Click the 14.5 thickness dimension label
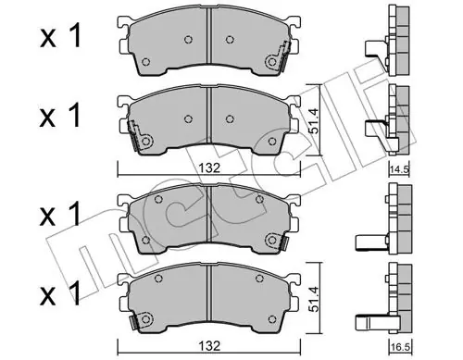point(399,169)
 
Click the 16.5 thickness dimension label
point(399,347)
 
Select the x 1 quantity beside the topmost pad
point(60,36)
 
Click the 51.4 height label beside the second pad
point(314,120)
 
